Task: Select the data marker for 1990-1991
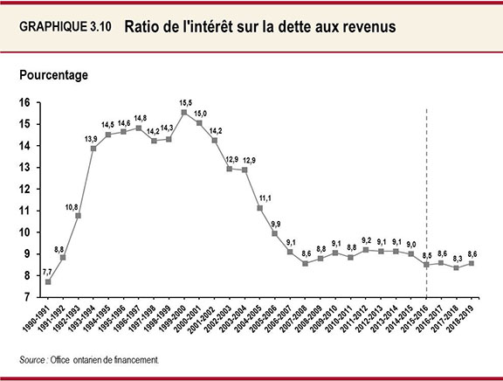pyautogui.click(x=47, y=282)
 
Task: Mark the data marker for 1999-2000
pyautogui.click(x=183, y=113)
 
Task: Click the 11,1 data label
pyautogui.click(x=263, y=197)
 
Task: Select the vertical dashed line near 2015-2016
pyautogui.click(x=426, y=201)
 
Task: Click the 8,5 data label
pyautogui.click(x=425, y=254)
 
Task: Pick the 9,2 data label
pyautogui.click(x=365, y=240)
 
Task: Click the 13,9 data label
pyautogui.click(x=92, y=139)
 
